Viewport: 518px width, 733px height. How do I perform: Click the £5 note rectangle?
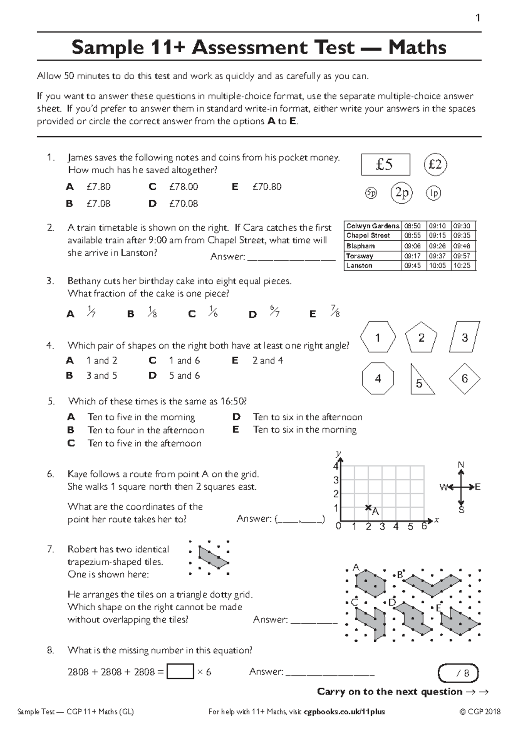coord(385,165)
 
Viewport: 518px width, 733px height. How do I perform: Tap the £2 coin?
coord(435,165)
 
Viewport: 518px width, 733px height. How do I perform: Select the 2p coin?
coord(401,193)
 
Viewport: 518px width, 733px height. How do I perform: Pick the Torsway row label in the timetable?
coord(360,256)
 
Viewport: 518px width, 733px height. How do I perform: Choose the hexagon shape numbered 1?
coord(378,338)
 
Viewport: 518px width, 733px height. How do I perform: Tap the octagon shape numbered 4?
coord(378,379)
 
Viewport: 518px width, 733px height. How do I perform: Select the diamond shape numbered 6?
coord(464,379)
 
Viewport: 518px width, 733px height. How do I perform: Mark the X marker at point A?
coord(368,508)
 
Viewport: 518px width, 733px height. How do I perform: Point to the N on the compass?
coord(461,465)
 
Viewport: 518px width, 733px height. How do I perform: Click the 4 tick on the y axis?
coord(336,466)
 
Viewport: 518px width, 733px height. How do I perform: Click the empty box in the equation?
coord(180,672)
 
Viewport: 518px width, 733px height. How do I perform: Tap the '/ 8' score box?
coord(459,673)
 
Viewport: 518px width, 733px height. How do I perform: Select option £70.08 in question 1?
coord(183,204)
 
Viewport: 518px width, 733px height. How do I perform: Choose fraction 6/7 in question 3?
coord(275,311)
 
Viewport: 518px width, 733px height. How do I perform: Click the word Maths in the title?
coord(417,47)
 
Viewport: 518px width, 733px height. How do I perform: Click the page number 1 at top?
coord(477,18)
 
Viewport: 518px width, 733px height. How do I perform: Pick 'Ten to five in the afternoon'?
coord(145,443)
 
